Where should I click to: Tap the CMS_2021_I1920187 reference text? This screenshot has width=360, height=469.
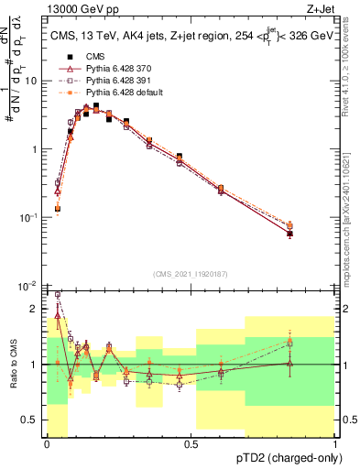(191, 274)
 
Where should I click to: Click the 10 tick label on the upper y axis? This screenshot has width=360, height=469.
(31, 81)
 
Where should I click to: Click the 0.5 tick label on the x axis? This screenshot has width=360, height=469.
(191, 444)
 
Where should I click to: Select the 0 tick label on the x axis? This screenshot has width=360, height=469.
(47, 444)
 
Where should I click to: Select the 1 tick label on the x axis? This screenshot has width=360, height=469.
(334, 444)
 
